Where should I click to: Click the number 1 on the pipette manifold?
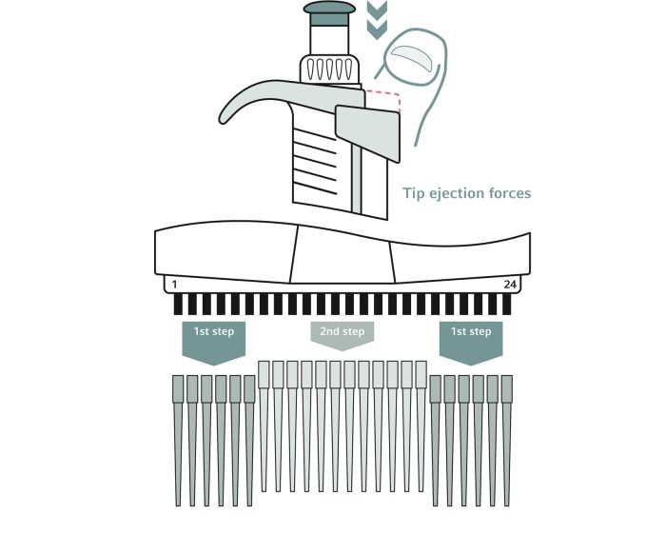click(x=174, y=285)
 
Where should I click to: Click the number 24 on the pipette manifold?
click(x=510, y=285)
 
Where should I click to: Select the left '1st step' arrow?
click(x=214, y=343)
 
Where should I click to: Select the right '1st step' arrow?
click(x=471, y=343)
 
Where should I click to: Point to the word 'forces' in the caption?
click(x=510, y=193)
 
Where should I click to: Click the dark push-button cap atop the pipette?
click(x=329, y=12)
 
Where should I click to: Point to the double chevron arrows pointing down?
click(x=377, y=20)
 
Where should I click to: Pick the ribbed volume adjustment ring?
click(x=330, y=69)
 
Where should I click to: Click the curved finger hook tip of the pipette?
click(x=224, y=118)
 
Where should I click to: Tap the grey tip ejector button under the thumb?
click(x=368, y=132)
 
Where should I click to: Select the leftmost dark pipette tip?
click(x=178, y=440)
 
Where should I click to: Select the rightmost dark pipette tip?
click(x=507, y=440)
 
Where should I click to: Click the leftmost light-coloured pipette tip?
click(x=264, y=426)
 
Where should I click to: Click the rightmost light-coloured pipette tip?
click(x=421, y=426)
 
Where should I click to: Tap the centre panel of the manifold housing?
click(x=343, y=256)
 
